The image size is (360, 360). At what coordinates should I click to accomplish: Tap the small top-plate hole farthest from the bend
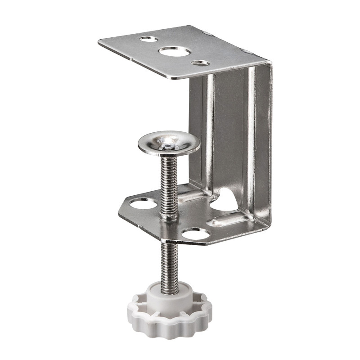tap(149, 39)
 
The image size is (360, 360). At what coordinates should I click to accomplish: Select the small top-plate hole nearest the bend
tap(200, 63)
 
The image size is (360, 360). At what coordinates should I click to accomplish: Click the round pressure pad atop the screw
tap(169, 143)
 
